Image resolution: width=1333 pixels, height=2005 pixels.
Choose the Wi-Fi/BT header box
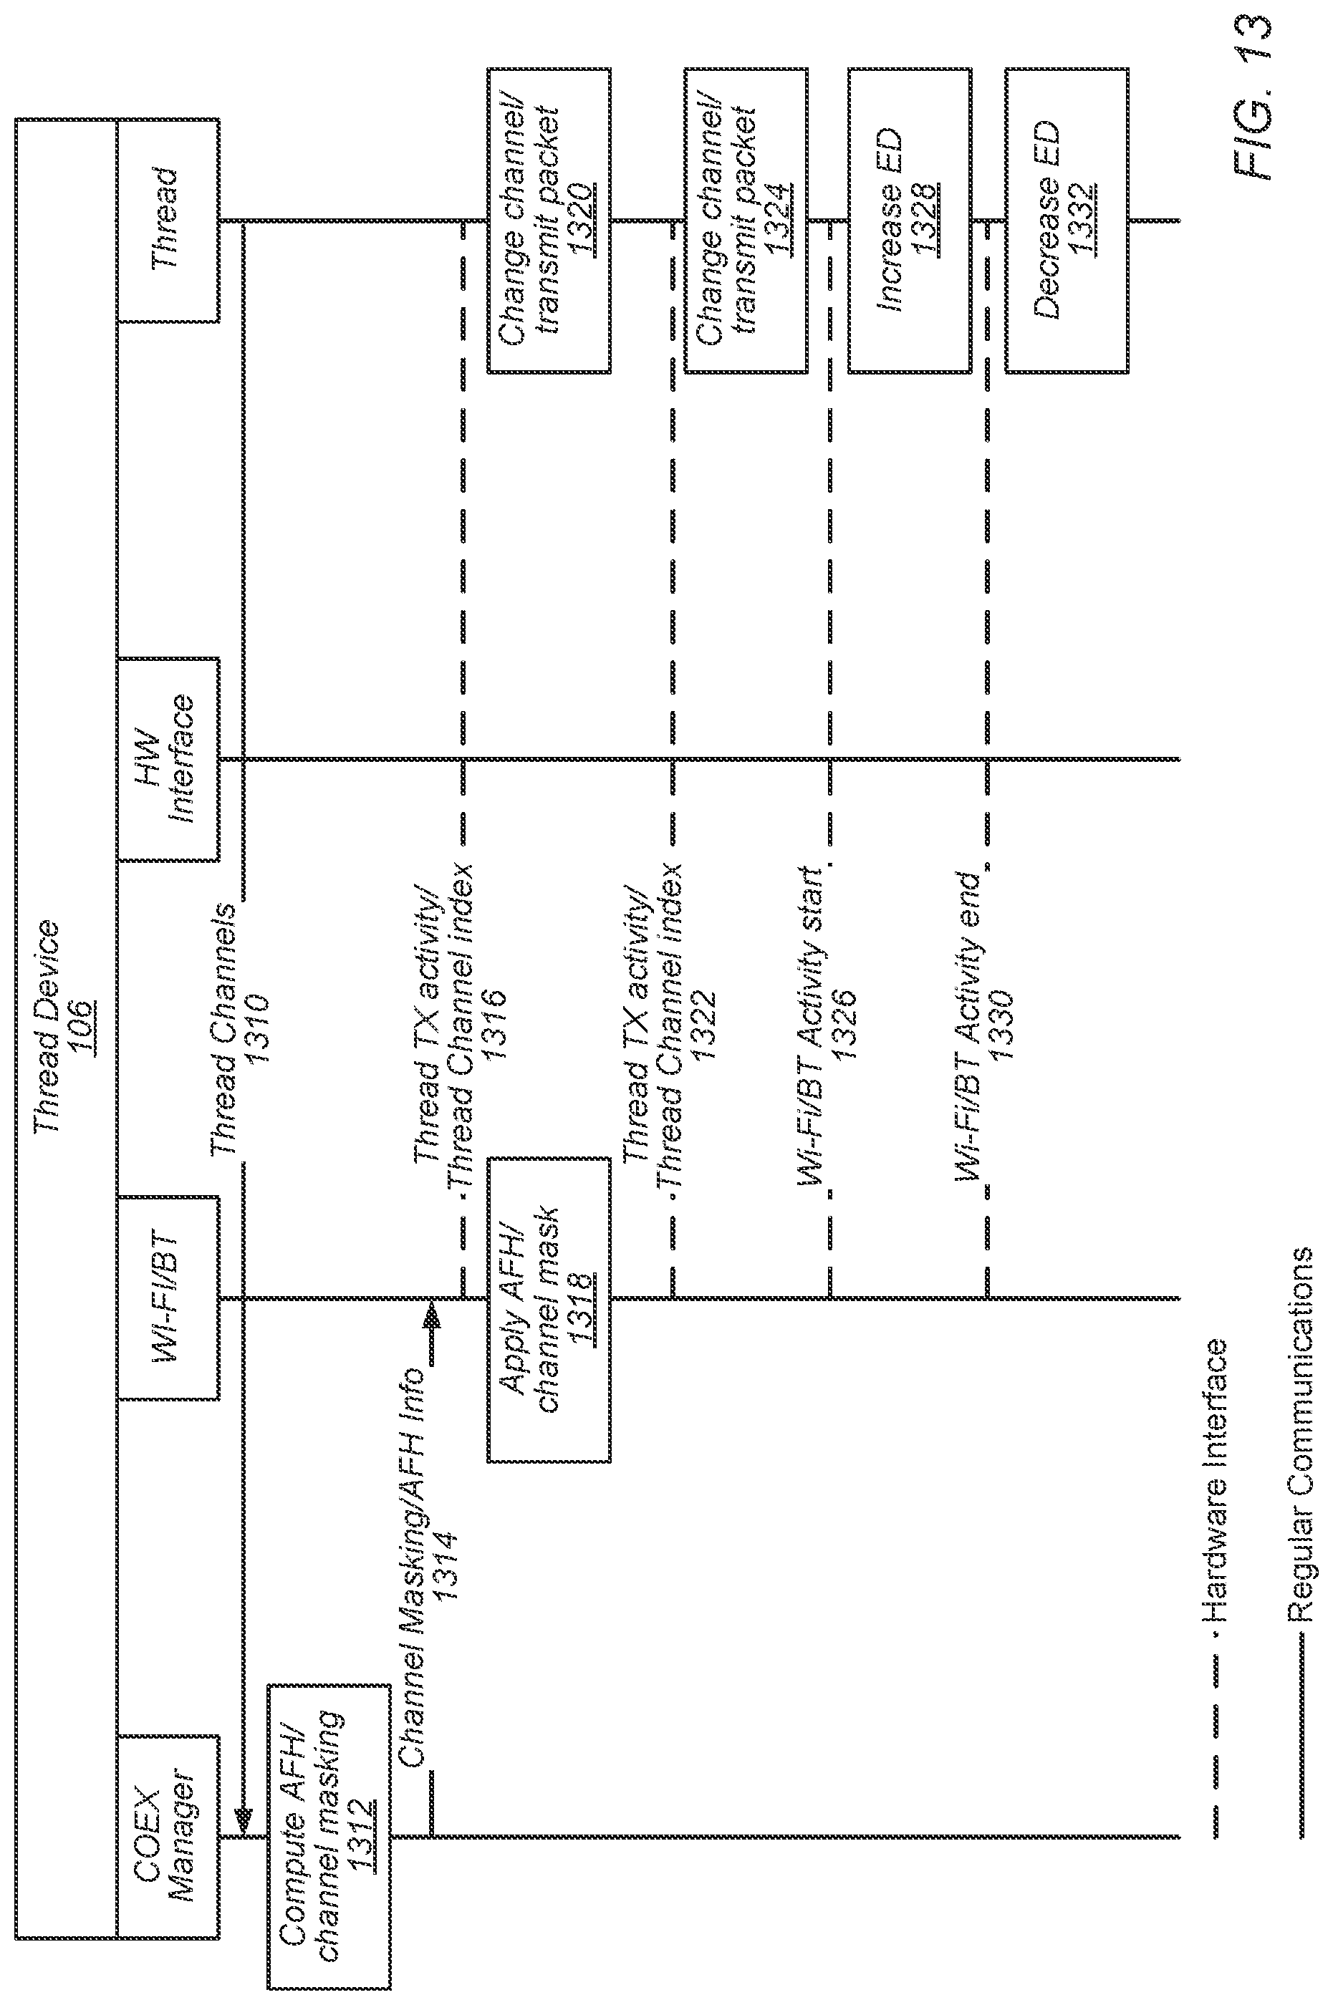coord(168,1298)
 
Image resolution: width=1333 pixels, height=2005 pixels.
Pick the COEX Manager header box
coord(168,1836)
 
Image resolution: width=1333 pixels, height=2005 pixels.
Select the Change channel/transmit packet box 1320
coord(549,221)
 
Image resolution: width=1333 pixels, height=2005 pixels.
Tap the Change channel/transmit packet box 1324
coord(746,221)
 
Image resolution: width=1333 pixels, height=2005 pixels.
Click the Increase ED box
coord(910,221)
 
